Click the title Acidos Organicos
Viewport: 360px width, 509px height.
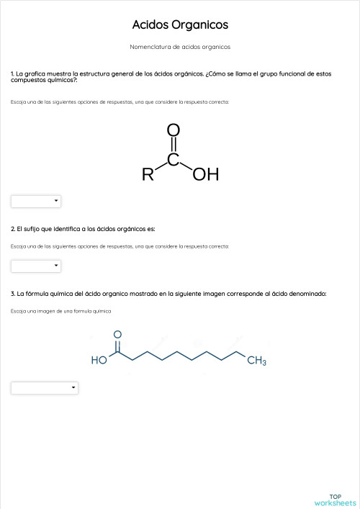tap(180, 25)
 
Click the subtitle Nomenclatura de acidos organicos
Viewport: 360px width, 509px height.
tap(180, 47)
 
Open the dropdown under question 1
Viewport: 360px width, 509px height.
tap(36, 201)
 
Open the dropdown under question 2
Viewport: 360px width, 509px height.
tap(36, 266)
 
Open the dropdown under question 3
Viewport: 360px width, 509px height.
tap(44, 388)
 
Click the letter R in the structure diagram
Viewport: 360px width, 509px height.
tap(148, 174)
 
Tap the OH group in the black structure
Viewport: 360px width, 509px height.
tap(206, 174)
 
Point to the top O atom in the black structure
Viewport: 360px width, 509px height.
tap(173, 130)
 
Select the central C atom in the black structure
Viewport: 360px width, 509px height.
tap(173, 158)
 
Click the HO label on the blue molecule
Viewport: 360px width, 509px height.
tap(99, 361)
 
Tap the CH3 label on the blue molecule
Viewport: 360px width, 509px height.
tap(257, 361)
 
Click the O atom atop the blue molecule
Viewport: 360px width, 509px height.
tap(117, 335)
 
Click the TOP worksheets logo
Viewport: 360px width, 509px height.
tap(336, 499)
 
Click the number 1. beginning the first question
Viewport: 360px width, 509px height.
tap(13, 73)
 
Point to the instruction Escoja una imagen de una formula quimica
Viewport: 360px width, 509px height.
tap(61, 311)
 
